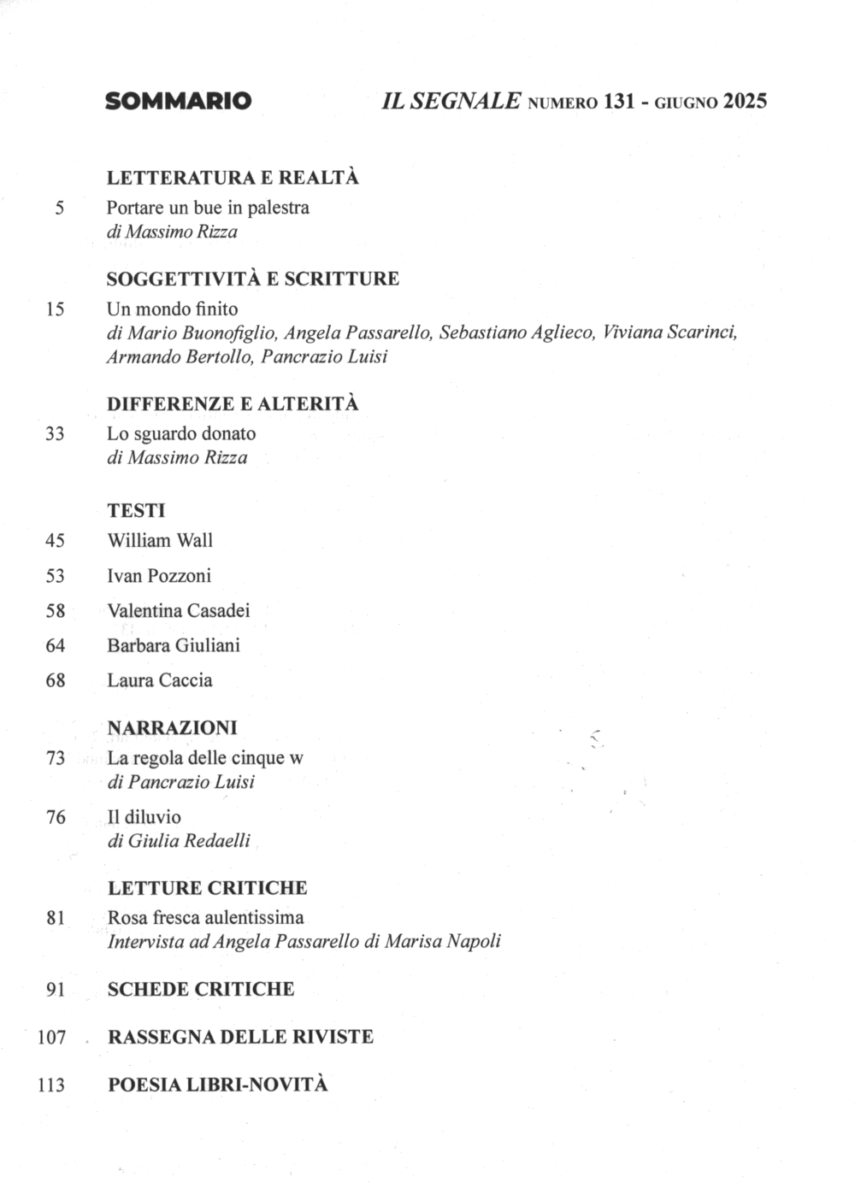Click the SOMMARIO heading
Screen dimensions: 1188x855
pos(178,102)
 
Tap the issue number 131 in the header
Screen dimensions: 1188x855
pos(618,102)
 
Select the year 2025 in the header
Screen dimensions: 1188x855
pos(745,102)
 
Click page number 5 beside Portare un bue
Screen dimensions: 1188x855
pos(59,208)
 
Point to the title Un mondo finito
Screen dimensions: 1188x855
pos(172,309)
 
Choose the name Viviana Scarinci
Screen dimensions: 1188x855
pos(669,332)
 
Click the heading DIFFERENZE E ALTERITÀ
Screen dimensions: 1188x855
pos(233,403)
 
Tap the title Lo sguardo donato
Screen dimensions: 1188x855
pos(181,433)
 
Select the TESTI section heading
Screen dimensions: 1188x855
pos(136,510)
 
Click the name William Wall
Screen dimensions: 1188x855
pos(160,540)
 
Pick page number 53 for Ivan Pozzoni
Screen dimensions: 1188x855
pos(55,576)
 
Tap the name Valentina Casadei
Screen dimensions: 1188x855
pos(179,610)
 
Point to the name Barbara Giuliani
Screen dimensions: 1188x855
pos(174,645)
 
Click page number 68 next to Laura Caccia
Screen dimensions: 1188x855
pos(55,681)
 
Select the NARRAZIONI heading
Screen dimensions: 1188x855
pos(172,727)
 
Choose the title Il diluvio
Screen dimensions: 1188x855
pos(144,817)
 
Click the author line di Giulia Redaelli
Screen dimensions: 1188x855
pos(179,841)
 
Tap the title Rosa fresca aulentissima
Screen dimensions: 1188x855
pos(205,917)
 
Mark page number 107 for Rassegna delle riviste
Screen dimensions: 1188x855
pos(51,1038)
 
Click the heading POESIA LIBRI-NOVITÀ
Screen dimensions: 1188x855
pos(217,1085)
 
